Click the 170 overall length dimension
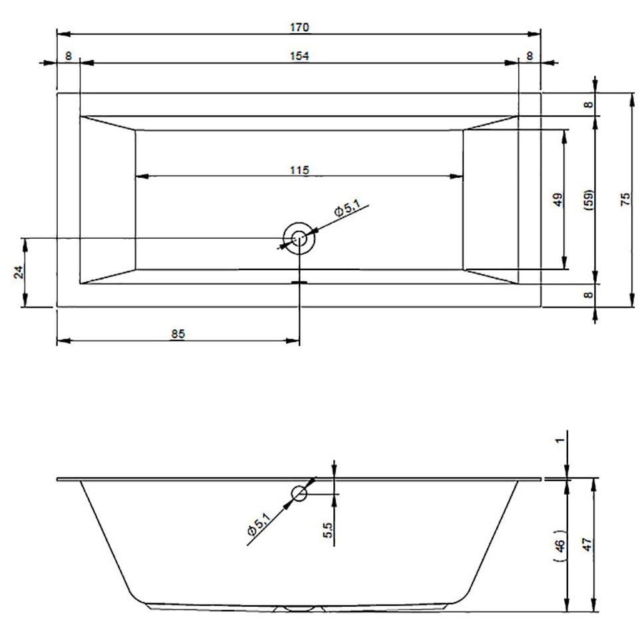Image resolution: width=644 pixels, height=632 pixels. point(299,27)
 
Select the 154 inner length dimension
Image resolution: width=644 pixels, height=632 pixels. point(299,56)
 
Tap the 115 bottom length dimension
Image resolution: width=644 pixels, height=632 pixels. point(299,170)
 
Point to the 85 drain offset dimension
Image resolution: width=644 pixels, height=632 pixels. point(178,334)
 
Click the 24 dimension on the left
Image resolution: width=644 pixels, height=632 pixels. point(19,272)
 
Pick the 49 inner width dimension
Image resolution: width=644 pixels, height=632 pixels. point(558,200)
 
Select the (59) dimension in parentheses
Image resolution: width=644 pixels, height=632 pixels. point(589,200)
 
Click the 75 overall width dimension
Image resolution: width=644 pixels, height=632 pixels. point(625,200)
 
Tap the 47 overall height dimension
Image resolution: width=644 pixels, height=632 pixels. point(587,545)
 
